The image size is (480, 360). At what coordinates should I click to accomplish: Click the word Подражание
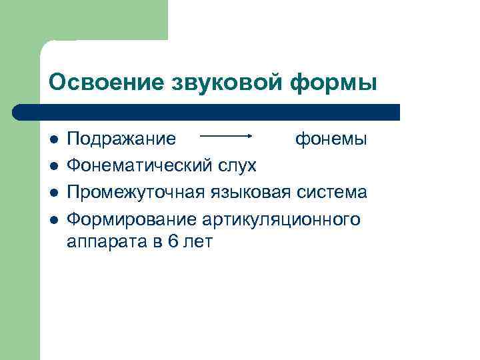click(x=122, y=139)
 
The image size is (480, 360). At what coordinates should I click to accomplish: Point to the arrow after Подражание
click(x=226, y=135)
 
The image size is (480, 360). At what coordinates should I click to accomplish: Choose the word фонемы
click(x=330, y=139)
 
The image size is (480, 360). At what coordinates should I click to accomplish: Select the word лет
click(x=199, y=241)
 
